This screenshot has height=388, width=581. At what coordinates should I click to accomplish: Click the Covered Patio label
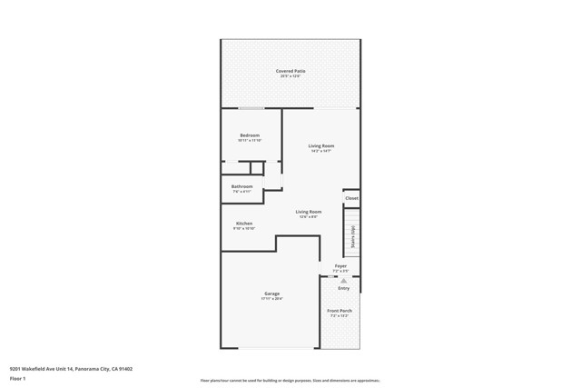click(290, 71)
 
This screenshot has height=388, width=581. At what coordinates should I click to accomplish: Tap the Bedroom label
click(250, 135)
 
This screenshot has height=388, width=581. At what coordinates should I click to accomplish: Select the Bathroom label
click(241, 186)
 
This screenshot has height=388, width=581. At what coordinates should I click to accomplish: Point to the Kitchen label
click(244, 224)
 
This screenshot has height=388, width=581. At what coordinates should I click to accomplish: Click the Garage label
click(271, 293)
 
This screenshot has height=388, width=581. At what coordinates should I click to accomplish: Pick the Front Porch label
click(340, 311)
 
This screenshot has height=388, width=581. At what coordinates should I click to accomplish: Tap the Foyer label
click(340, 266)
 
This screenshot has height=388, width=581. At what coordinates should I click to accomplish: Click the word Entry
click(343, 288)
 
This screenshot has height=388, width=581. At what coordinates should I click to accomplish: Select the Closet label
click(351, 198)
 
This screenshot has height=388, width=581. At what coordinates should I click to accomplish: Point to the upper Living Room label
click(321, 146)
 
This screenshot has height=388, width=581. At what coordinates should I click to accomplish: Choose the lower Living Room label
click(309, 212)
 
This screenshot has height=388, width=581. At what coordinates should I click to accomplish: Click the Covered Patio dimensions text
click(290, 76)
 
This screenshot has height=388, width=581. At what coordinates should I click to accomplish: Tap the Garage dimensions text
click(271, 299)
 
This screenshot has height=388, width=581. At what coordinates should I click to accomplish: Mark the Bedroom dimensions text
click(250, 141)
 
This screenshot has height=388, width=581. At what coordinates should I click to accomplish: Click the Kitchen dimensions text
click(244, 229)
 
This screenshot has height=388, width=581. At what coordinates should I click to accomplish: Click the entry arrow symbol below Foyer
click(343, 281)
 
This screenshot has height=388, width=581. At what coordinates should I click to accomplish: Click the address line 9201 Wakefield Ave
click(71, 369)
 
